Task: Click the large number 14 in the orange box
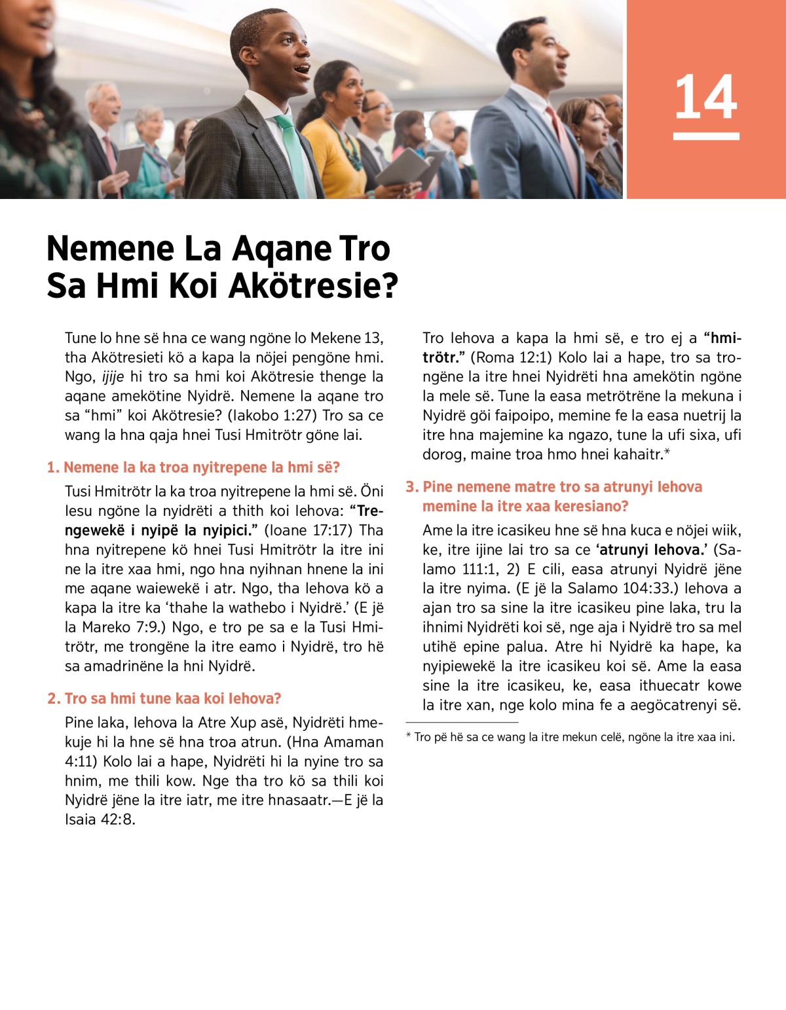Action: click(x=705, y=97)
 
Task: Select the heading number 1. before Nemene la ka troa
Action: click(x=53, y=467)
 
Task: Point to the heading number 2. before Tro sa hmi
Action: click(x=54, y=698)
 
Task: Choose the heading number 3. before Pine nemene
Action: click(x=411, y=487)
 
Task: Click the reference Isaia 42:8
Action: click(x=100, y=820)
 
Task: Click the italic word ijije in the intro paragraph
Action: click(x=113, y=377)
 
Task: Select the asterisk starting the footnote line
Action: click(x=409, y=736)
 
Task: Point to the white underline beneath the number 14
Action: click(x=705, y=136)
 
